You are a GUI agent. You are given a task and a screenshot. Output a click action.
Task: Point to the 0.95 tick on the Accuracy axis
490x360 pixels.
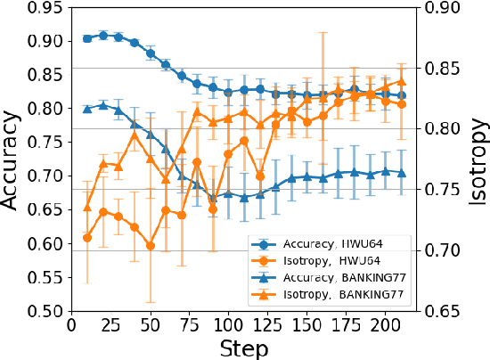[46, 7]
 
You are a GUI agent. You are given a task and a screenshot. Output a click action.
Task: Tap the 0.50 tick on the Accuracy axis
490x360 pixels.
[46, 311]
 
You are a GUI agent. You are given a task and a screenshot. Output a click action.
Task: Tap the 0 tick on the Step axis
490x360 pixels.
[71, 325]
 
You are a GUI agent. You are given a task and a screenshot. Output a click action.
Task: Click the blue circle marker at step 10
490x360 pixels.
[87, 38]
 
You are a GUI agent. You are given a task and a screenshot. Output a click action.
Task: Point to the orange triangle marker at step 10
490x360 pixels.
[87, 208]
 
